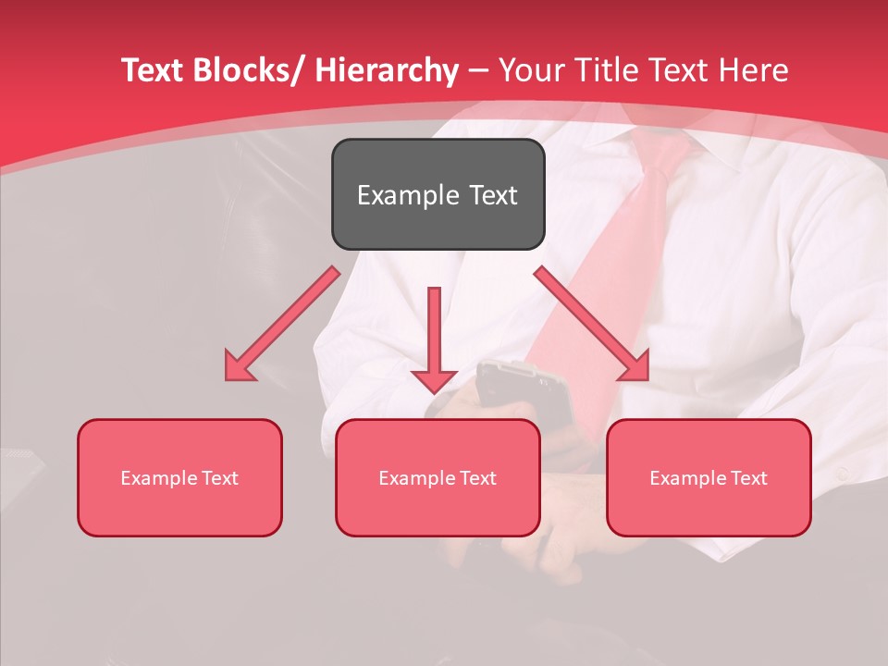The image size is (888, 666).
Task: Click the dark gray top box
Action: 438,194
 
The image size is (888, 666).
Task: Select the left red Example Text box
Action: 179,477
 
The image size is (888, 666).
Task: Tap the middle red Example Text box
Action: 438,477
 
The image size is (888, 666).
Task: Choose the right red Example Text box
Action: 709,477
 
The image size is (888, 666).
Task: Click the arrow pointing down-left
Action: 281,325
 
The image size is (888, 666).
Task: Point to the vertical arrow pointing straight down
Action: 434,339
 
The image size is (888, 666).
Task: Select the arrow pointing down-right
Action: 592,324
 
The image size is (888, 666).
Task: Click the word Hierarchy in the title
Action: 386,70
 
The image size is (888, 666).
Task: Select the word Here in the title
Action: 756,70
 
